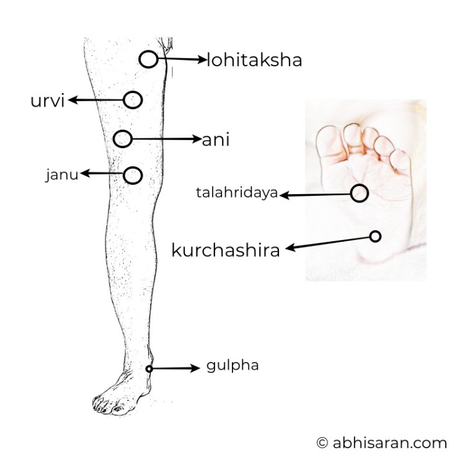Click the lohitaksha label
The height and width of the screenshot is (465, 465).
pyautogui.click(x=254, y=60)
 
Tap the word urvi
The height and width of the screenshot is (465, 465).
pyautogui.click(x=48, y=100)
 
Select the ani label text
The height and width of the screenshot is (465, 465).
pyautogui.click(x=216, y=139)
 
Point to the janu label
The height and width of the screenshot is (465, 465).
pyautogui.click(x=62, y=174)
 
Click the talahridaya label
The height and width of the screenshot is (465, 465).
pyautogui.click(x=237, y=193)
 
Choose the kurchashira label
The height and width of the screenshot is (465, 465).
pyautogui.click(x=226, y=250)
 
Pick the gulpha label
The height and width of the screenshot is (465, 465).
pyautogui.click(x=232, y=366)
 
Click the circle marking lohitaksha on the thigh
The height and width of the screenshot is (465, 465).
pyautogui.click(x=148, y=59)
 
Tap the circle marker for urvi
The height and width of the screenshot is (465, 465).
pyautogui.click(x=133, y=100)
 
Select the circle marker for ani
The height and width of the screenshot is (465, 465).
pyautogui.click(x=123, y=139)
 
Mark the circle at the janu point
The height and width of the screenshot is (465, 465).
pyautogui.click(x=133, y=175)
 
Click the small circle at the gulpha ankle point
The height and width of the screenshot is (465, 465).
pyautogui.click(x=149, y=369)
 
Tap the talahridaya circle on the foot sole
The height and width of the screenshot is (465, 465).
pyautogui.click(x=360, y=193)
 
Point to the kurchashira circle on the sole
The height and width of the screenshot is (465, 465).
pyautogui.click(x=375, y=236)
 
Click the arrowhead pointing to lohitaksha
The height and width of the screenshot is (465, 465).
pyautogui.click(x=203, y=60)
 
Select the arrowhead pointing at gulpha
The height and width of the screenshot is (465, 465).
pyautogui.click(x=196, y=368)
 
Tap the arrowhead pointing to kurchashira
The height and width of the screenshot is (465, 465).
pyautogui.click(x=290, y=248)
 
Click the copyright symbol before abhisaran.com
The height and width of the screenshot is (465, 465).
pyautogui.click(x=322, y=443)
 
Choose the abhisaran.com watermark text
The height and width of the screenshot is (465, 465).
pyautogui.click(x=390, y=443)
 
